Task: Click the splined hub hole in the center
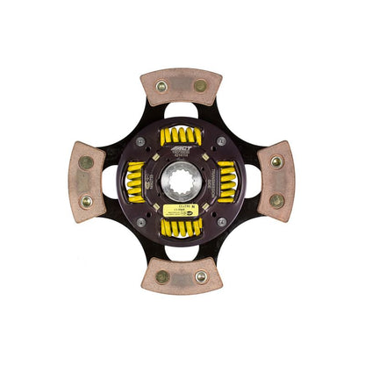click(182, 181)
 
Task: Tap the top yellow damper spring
click(182, 136)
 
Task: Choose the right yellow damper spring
click(227, 181)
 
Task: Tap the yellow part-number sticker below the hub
click(182, 211)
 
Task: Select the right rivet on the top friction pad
click(201, 86)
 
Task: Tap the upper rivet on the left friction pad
click(86, 162)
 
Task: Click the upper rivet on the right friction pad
click(277, 162)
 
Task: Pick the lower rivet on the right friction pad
click(277, 200)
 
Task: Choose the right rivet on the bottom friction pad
click(201, 276)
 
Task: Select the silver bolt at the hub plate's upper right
click(222, 141)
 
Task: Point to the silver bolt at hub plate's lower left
click(142, 221)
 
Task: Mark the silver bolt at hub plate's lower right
click(222, 221)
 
